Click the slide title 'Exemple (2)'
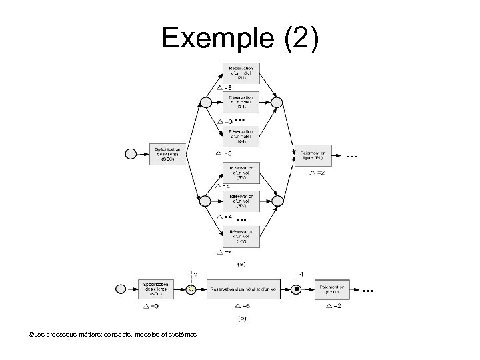241,39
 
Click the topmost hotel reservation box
241,72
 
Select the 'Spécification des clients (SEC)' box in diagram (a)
167,154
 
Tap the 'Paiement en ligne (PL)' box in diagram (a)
313,154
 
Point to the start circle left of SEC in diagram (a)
131,154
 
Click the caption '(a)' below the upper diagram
241,264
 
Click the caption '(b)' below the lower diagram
241,319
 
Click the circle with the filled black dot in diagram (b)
298,289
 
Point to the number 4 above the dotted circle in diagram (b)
301,273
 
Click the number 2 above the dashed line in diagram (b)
195,274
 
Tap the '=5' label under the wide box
245,306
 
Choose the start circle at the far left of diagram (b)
121,289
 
